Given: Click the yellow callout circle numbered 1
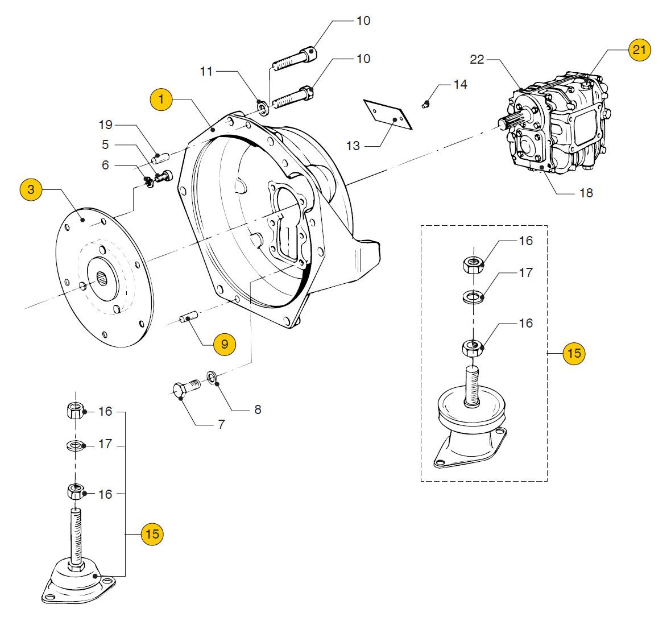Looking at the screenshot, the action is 161,100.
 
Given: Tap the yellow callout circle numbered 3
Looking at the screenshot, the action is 31,189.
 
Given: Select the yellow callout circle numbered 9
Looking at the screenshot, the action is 225,344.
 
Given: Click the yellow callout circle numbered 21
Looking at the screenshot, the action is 639,49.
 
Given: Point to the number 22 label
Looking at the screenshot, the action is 477,60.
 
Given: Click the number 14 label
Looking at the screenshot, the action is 461,84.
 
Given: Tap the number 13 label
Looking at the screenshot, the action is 353,146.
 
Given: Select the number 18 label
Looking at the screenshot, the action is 586,193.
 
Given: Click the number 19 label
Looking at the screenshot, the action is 105,125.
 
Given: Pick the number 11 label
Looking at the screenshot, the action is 206,71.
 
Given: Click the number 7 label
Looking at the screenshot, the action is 221,424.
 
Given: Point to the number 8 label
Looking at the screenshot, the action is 258,409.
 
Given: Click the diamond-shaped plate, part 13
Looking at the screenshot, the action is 388,114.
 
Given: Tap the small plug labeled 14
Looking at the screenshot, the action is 425,104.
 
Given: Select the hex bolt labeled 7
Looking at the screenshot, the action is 186,388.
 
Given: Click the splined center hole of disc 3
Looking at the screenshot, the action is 103,281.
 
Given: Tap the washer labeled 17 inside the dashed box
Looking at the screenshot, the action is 473,296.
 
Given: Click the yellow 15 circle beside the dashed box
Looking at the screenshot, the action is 574,353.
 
